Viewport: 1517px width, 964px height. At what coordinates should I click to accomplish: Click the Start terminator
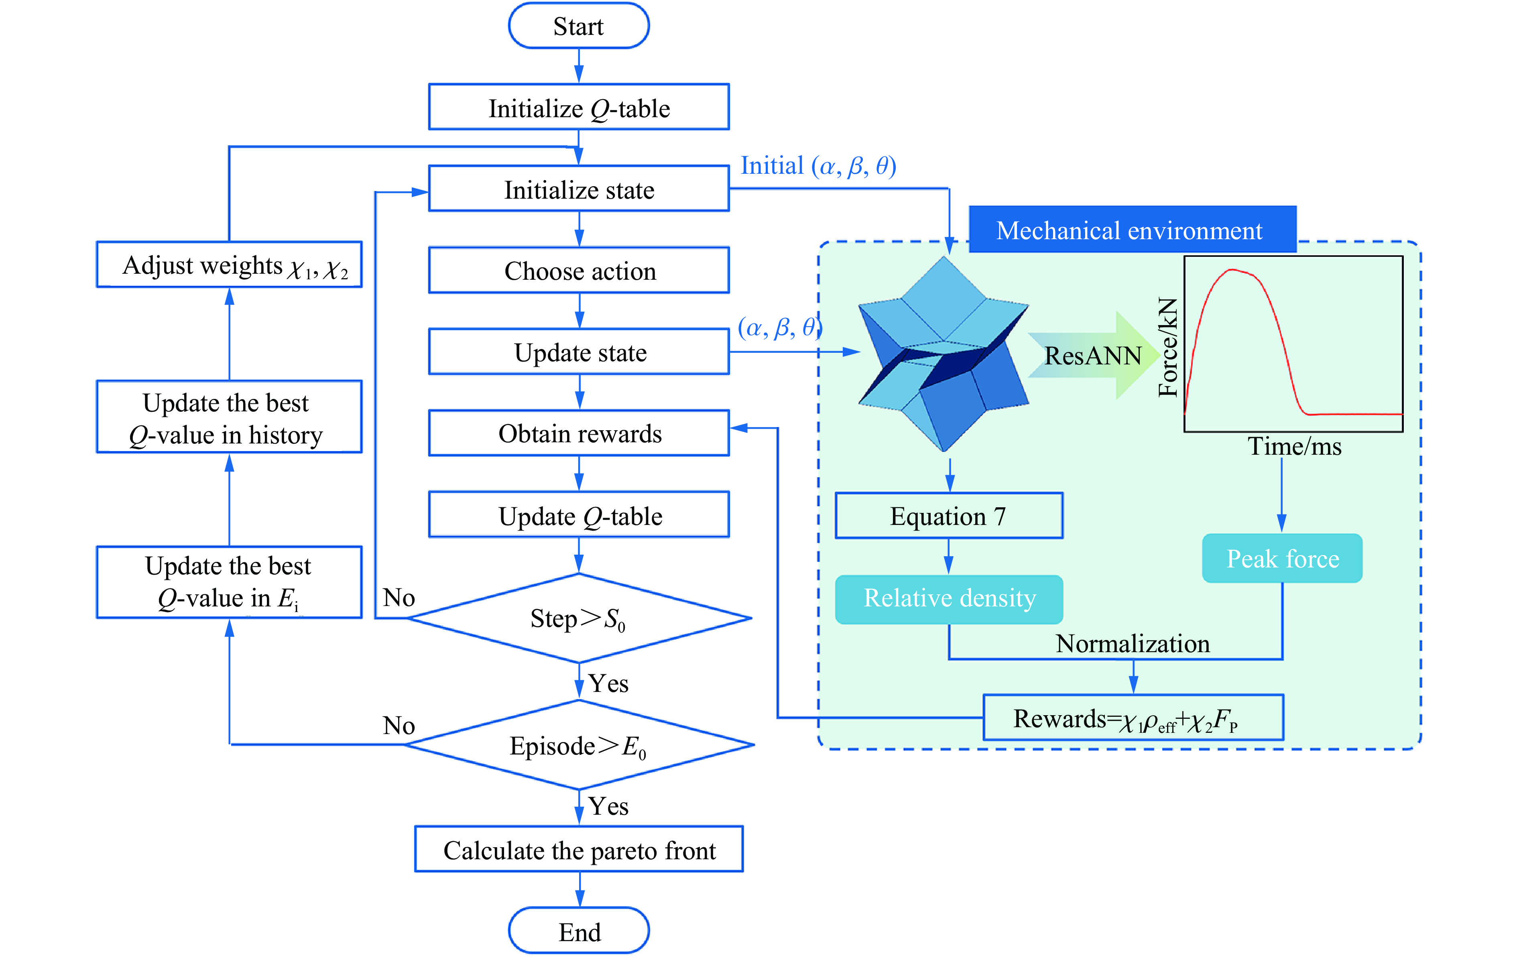click(x=578, y=26)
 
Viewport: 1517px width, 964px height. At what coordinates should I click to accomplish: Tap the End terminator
click(x=578, y=931)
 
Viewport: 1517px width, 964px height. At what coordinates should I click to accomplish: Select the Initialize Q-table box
click(x=578, y=107)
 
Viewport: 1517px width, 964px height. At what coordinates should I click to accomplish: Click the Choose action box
click(x=578, y=270)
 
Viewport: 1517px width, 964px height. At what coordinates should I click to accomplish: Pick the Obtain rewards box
click(x=578, y=433)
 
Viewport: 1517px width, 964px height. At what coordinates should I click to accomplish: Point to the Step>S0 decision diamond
click(x=578, y=618)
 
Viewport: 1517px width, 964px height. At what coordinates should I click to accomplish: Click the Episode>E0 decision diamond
click(x=578, y=745)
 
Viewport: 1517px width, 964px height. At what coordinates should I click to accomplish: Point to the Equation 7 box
click(x=948, y=516)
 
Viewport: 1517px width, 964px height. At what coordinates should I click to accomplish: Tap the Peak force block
click(x=1282, y=558)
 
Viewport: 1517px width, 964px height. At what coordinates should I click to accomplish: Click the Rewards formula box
click(x=1133, y=718)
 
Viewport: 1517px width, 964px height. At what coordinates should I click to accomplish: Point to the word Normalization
click(x=1133, y=643)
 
